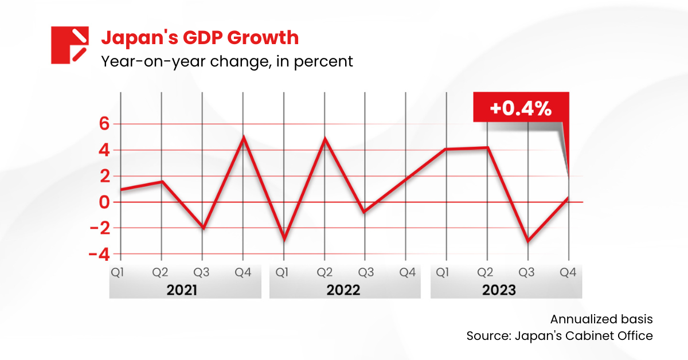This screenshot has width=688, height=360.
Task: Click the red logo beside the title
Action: (69, 45)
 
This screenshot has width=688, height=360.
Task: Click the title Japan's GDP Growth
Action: (200, 38)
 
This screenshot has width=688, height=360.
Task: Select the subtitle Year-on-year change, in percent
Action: (226, 61)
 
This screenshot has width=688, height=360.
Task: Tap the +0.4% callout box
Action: (520, 108)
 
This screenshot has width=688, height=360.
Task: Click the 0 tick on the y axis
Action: (104, 202)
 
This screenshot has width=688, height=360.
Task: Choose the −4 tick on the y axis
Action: (99, 254)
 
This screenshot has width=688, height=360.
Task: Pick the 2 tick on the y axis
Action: (104, 176)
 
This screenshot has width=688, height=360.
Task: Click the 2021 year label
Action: (182, 290)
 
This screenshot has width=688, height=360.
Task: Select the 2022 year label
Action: (343, 290)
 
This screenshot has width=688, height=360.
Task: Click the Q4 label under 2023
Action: (569, 272)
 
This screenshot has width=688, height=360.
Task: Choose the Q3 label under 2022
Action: (366, 272)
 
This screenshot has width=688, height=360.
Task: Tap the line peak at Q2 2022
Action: (325, 139)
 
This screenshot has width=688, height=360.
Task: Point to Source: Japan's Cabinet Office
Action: (560, 336)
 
